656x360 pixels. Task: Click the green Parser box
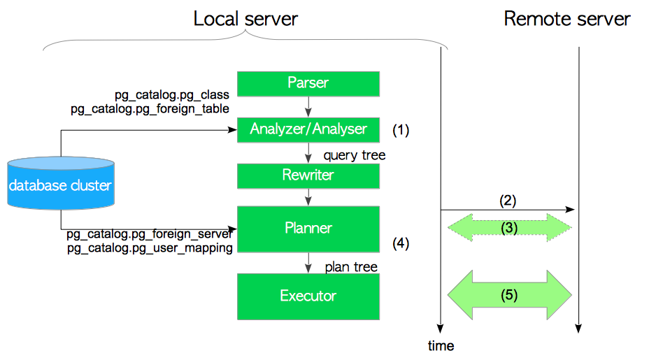coord(308,83)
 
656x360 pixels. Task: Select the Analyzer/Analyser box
coord(308,129)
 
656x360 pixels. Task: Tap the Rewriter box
coord(308,175)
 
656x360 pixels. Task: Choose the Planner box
coord(308,229)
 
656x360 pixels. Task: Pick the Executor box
coord(308,296)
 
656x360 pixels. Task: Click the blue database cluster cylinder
coord(60,185)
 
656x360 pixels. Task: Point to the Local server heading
coord(245,19)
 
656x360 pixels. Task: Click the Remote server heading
coord(566,19)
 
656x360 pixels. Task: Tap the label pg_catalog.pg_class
coord(172,94)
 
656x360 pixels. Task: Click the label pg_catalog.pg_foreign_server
coord(150,235)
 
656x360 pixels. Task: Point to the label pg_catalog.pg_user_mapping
coord(150,248)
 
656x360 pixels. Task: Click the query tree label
coord(355,154)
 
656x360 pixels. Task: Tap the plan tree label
coord(351,267)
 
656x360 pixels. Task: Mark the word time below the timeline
coord(441,346)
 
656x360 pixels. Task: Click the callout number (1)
coord(400,129)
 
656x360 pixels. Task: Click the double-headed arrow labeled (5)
coord(508,295)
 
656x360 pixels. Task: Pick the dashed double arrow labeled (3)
coord(508,227)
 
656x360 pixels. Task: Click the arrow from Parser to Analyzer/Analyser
coord(308,107)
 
